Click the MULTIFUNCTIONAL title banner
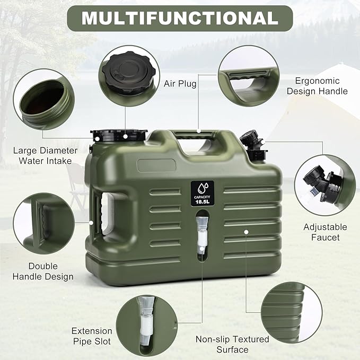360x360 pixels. (180, 18)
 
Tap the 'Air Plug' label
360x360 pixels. (180, 84)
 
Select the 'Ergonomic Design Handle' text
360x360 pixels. (317, 86)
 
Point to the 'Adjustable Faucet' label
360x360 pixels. (325, 232)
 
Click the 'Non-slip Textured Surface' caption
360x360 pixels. (232, 344)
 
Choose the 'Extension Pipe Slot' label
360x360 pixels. (92, 336)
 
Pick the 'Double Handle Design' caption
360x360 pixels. (43, 271)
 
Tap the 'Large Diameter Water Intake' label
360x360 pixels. (45, 155)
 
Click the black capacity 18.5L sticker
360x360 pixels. (203, 194)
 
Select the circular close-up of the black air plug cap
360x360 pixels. (129, 76)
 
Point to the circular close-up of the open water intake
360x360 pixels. (44, 100)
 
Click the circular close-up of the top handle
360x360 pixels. (249, 76)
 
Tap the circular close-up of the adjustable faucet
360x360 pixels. (325, 185)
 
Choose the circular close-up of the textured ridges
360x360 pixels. (292, 312)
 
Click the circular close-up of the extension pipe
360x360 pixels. (147, 326)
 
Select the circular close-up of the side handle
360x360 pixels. (44, 223)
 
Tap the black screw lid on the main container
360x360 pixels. (118, 135)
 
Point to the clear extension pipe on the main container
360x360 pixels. (202, 234)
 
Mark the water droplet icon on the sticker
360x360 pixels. (203, 188)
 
